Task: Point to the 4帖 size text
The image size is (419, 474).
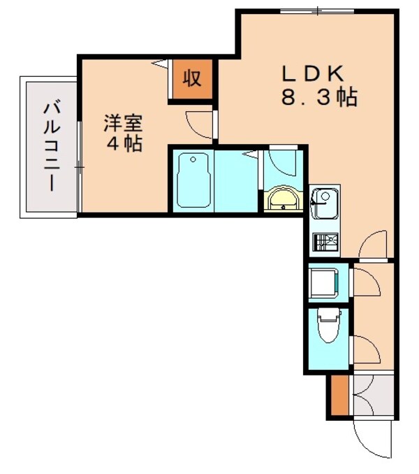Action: click(124, 144)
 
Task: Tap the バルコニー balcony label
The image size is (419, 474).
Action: click(50, 146)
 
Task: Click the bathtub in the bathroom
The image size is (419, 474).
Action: click(194, 180)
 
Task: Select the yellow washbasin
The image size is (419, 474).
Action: click(283, 200)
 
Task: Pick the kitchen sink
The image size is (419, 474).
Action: click(324, 204)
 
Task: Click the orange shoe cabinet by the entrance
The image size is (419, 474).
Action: click(338, 396)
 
